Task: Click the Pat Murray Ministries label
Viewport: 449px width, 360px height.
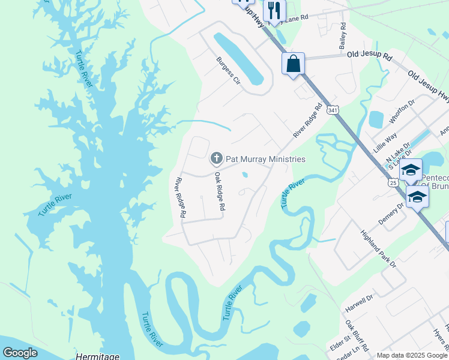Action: pyautogui.click(x=265, y=159)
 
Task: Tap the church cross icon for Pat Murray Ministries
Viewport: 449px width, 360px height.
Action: pyautogui.click(x=216, y=159)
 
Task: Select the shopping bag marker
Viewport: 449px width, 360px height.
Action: pyautogui.click(x=293, y=64)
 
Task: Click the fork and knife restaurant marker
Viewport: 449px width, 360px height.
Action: pyautogui.click(x=274, y=10)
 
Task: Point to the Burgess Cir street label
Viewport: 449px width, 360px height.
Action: pyautogui.click(x=228, y=71)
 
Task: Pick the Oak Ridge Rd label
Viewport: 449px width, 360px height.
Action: pyautogui.click(x=220, y=191)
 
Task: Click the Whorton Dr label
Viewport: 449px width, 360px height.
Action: pyautogui.click(x=402, y=112)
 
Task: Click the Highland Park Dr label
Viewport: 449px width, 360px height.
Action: pyautogui.click(x=379, y=248)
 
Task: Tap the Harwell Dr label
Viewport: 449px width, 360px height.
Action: pyautogui.click(x=359, y=303)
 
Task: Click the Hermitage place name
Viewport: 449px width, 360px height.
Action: pyautogui.click(x=97, y=356)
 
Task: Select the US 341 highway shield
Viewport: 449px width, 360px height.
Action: pyautogui.click(x=332, y=110)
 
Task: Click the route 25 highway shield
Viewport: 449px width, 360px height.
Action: pyautogui.click(x=393, y=182)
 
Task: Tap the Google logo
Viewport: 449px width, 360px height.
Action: pyautogui.click(x=20, y=353)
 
